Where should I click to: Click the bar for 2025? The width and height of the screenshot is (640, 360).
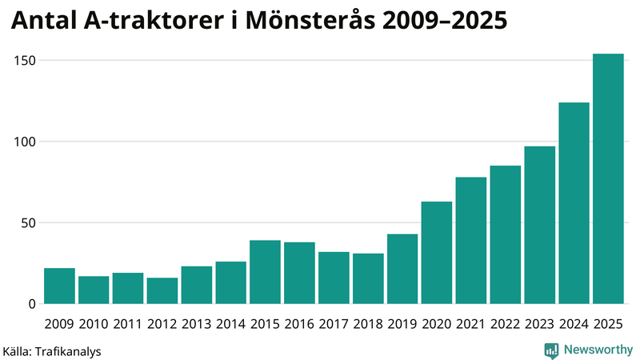608,179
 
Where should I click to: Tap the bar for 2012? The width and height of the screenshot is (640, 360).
162,290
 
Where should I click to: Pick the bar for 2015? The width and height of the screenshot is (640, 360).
265,272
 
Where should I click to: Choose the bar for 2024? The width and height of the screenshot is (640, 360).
574,203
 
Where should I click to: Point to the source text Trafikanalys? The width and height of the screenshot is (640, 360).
68,350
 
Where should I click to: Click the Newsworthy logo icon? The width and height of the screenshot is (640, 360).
551,350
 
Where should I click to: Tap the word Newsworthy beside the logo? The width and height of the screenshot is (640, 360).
597,350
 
